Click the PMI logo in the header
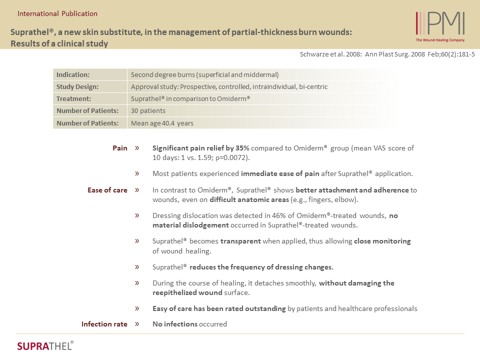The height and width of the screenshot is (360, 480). tap(440, 24)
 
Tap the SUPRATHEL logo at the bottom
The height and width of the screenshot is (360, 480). tap(45, 345)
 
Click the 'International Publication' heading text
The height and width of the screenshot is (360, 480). tap(57, 13)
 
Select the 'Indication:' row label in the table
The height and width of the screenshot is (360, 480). tap(73, 75)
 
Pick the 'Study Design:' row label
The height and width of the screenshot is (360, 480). tap(77, 87)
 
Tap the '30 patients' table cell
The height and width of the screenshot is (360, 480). tap(148, 111)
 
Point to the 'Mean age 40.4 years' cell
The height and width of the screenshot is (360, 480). tap(162, 123)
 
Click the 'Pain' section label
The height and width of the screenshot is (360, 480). tap(120, 148)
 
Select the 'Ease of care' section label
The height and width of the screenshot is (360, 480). tap(107, 190)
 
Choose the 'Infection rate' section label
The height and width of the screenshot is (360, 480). tap(104, 324)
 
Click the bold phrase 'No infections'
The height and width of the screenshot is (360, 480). tap(175, 324)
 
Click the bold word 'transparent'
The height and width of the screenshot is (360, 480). tap(240, 241)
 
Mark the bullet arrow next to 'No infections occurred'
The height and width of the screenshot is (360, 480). tap(137, 324)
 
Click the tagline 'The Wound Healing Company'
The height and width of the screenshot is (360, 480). tap(440, 40)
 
